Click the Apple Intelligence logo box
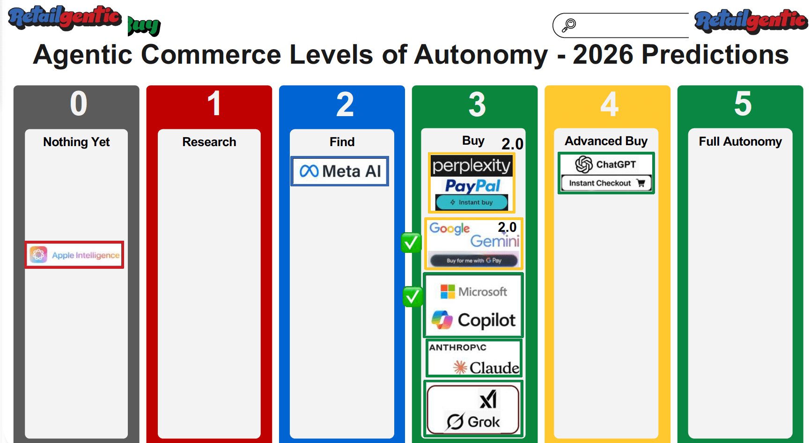coord(74,255)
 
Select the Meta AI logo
coord(340,171)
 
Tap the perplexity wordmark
coord(471,166)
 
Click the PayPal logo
coord(472,186)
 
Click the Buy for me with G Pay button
coord(474,260)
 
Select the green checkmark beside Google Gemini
coord(411,243)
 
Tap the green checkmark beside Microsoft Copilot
coord(412,296)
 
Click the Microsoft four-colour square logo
coord(448,292)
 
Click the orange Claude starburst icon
coord(460,368)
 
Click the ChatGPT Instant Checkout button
coord(606,183)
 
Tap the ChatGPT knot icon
coord(584,164)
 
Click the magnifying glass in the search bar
coord(568,25)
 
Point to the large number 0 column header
coord(79,104)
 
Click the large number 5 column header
coord(743,104)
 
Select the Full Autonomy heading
coord(740,141)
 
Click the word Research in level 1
coord(209,142)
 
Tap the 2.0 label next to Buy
coord(512,144)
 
